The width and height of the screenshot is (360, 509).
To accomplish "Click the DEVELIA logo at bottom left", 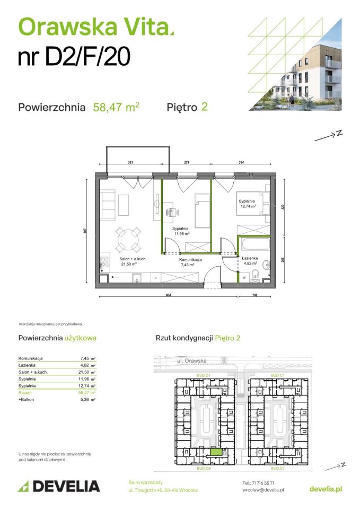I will point(58,486).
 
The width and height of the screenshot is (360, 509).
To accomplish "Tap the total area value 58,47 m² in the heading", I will point(116,107).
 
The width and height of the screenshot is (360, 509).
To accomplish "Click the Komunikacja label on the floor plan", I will point(190,260).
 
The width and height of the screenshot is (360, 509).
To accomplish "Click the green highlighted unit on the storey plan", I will point(215,452).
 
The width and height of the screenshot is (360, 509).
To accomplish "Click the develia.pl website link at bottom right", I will point(325,488).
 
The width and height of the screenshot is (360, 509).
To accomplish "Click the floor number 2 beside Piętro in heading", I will point(204,107).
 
